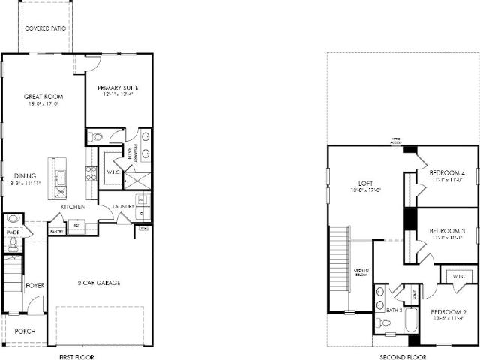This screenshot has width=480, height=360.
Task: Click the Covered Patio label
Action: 45,28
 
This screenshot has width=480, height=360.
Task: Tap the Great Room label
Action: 43,97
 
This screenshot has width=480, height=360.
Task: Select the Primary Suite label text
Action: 118,88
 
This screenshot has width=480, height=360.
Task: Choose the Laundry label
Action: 123,207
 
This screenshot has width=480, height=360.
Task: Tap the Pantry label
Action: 56,232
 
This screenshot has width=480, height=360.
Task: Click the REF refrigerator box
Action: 76,225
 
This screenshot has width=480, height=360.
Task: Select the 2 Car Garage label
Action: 100,283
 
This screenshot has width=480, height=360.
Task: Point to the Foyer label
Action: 35,285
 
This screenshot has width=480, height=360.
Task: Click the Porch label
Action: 25,331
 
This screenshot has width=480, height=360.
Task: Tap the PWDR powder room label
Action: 13,232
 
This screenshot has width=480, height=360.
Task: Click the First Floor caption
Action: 76,357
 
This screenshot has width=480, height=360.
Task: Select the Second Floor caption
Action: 398,357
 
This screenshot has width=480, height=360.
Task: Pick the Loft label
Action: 365,183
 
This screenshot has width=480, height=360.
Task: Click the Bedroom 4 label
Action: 448,174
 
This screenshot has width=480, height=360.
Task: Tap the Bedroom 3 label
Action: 448,230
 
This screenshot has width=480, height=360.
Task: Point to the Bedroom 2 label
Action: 449,311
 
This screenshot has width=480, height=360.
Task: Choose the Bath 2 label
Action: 394,309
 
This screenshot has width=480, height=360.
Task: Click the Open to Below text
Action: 361,274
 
